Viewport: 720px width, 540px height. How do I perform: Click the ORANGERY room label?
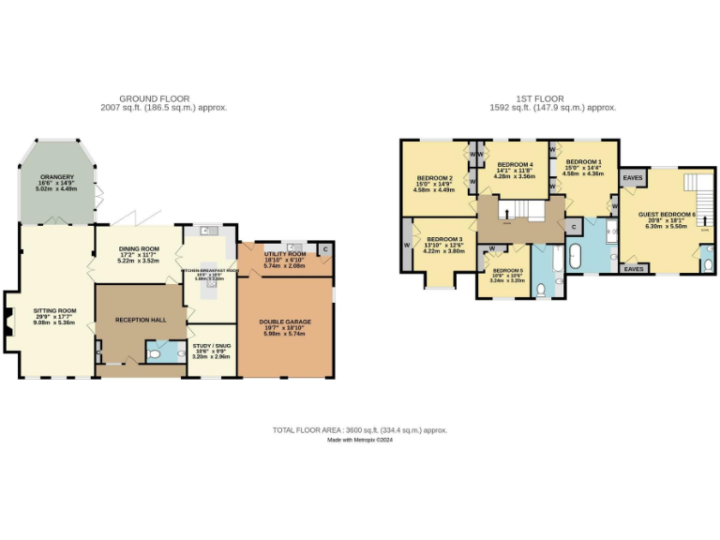click(56, 175)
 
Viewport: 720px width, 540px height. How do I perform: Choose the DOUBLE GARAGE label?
click(285, 322)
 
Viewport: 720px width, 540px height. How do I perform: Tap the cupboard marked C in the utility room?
click(324, 249)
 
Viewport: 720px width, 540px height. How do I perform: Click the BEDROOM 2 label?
click(435, 178)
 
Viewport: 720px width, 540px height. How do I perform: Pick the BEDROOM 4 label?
click(514, 165)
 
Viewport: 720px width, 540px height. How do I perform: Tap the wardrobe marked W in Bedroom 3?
click(407, 246)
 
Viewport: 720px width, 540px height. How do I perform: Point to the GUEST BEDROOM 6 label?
click(667, 214)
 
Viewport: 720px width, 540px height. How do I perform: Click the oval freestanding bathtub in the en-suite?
click(576, 254)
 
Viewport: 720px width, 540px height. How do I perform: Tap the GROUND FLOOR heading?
click(155, 98)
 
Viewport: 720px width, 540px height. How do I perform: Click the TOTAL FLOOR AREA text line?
click(359, 429)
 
